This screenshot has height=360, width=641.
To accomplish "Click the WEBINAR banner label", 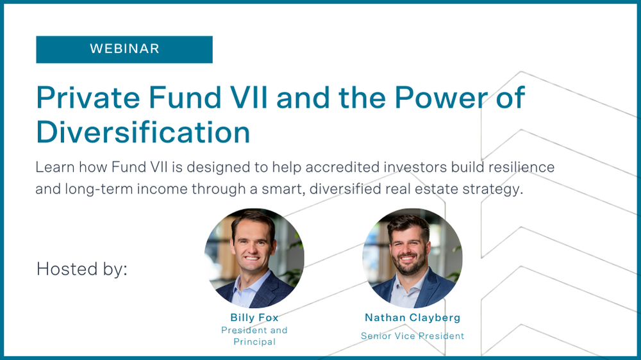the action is click(x=124, y=49).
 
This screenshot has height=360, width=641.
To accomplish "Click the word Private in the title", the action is click(x=88, y=97).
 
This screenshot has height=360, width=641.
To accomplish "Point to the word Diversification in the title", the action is click(x=143, y=132).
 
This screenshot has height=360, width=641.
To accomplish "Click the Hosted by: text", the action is click(x=82, y=269).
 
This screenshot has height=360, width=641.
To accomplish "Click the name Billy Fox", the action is click(x=254, y=318).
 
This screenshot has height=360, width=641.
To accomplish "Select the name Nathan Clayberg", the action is click(x=412, y=318).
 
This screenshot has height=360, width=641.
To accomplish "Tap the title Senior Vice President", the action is click(x=412, y=336).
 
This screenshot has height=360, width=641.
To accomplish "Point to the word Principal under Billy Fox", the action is click(x=254, y=341).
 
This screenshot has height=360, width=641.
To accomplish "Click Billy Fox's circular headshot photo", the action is click(x=254, y=258).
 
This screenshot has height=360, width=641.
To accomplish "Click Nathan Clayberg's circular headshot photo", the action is click(x=412, y=258).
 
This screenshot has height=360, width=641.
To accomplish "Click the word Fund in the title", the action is click(x=185, y=97).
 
